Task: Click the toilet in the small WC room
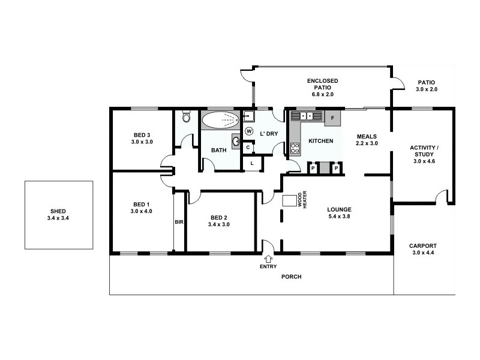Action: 186,116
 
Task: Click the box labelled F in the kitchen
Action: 332,118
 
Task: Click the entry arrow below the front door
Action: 267,258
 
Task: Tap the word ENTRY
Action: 268,266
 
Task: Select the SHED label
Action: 58,211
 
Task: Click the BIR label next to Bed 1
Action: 179,222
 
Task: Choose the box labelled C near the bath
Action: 248,147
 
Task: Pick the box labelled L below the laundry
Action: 253,163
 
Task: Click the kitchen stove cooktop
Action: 295,148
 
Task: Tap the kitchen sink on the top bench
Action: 306,116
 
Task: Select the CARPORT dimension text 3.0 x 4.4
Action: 423,253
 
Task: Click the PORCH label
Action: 292,277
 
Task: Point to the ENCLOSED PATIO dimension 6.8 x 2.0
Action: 322,94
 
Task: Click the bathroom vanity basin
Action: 237,143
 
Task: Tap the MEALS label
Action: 366,136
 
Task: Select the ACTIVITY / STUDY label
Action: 424,151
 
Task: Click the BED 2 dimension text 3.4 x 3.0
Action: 219,224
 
